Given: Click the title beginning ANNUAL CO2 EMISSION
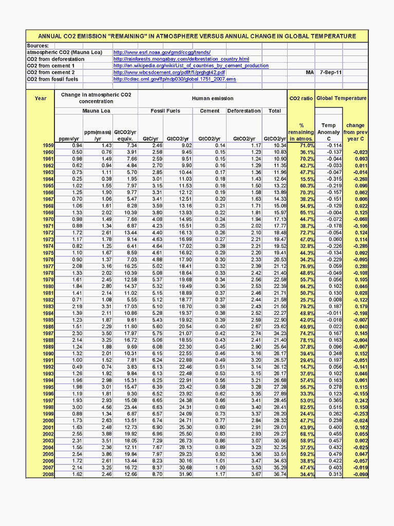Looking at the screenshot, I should coord(197,36).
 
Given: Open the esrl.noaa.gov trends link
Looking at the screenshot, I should coord(162,52).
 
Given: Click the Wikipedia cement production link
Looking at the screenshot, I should coord(191,66).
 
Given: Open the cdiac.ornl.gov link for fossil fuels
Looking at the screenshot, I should coord(175,79).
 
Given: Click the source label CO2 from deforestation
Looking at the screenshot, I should coord(55,59).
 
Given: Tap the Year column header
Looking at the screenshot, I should coord(41,98).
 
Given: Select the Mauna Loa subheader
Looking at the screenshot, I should coord(96,111).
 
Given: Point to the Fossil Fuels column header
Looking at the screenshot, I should coord(165,111).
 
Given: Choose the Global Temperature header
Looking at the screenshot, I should coord(342,98).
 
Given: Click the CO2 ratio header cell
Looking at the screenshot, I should coord(301,98).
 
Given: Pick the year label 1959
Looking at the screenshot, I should coord(48,146).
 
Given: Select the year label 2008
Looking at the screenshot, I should coord(48,474).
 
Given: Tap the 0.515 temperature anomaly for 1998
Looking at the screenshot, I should coord(333,407).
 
